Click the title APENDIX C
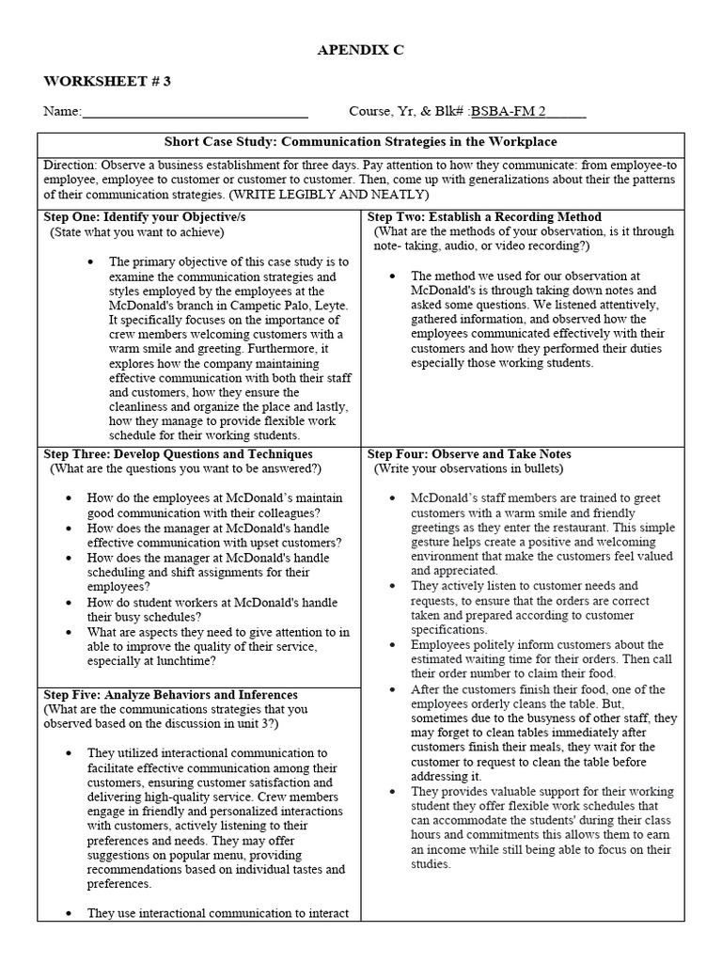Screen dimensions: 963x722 coord(360,51)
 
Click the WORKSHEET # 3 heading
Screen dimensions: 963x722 coord(107,81)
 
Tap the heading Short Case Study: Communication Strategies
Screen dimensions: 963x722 coord(361,142)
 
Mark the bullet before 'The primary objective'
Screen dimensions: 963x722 coord(89,262)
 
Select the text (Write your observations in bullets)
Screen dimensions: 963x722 coord(469,468)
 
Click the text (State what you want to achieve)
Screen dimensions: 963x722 coord(126,231)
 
